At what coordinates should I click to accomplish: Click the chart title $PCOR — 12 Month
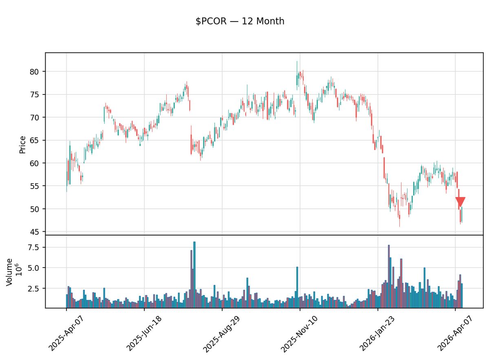click(240, 22)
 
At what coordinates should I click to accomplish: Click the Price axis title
click(22, 145)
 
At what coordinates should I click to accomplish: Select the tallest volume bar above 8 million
click(194, 274)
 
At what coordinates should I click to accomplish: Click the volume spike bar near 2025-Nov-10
click(297, 287)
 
